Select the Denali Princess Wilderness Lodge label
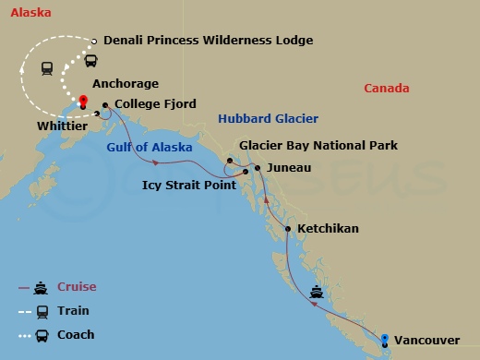point(208,41)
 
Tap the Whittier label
point(63,125)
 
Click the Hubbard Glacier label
point(269,119)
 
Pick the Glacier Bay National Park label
point(318,146)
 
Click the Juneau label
point(289,168)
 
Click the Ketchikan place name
point(328,229)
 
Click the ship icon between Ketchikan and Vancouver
point(317,293)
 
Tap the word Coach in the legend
point(77,335)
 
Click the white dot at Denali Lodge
point(95,41)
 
